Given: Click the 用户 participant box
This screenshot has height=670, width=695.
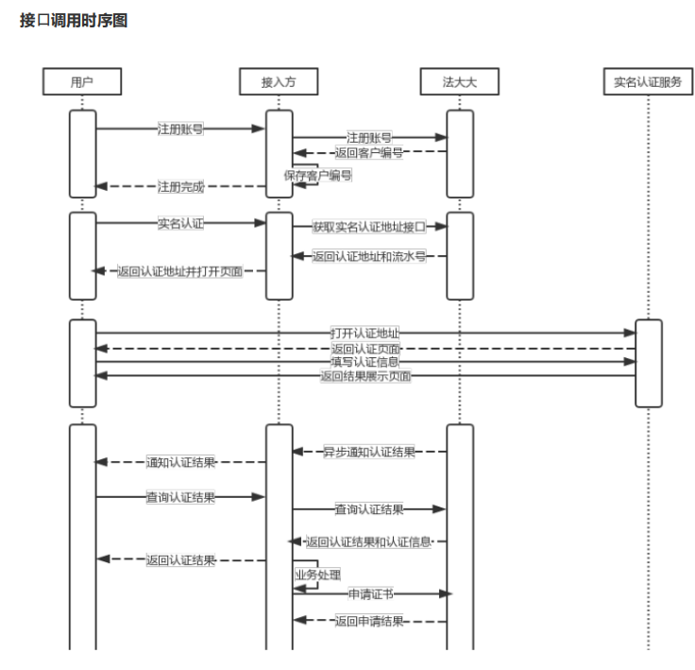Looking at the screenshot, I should (x=82, y=83).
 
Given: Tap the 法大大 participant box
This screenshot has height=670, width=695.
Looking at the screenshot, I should (x=459, y=83).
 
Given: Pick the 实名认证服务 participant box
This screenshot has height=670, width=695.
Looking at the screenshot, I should (x=648, y=83).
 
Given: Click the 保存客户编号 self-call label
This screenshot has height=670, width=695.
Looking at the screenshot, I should (x=318, y=176).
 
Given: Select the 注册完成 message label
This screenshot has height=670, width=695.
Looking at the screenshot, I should (x=180, y=186).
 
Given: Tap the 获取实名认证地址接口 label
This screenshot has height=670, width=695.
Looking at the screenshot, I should (x=369, y=227).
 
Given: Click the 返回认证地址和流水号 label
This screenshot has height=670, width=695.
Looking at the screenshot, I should (x=369, y=256).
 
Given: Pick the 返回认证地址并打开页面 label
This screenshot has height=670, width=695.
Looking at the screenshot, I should (x=179, y=271).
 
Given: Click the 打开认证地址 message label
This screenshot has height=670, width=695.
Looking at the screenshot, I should (x=364, y=334).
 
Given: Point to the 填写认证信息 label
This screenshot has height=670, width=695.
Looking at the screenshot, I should (x=364, y=361).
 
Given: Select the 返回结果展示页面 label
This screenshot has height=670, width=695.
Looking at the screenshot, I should (x=364, y=376).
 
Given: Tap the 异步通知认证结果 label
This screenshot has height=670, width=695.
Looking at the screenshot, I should (x=369, y=453).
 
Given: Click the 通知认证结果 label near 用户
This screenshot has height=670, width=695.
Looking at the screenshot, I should (x=180, y=463).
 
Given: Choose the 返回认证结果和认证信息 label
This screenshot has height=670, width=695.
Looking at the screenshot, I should (x=369, y=541).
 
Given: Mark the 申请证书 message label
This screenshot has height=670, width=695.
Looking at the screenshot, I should (x=369, y=593).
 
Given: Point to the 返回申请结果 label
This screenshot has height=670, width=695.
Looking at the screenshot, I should (x=369, y=622).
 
